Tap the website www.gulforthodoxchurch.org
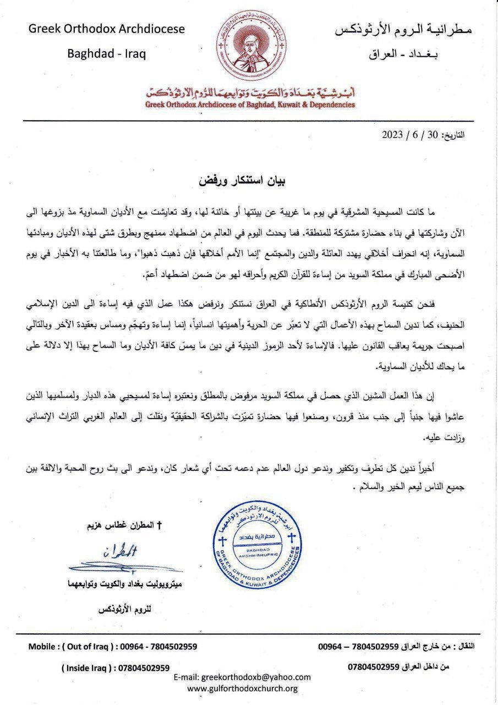pyautogui.click(x=243, y=688)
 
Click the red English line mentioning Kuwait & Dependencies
pyautogui.click(x=249, y=104)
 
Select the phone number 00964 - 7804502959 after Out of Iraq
pyautogui.click(x=158, y=647)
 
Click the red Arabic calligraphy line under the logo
pyautogui.click(x=249, y=91)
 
